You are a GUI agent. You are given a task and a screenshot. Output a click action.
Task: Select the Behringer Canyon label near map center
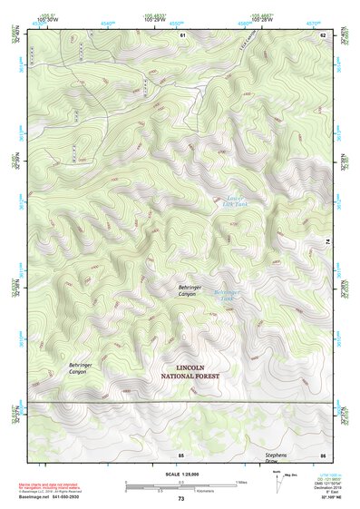tap(187, 290)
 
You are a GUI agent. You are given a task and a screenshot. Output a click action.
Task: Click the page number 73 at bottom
tap(180, 499)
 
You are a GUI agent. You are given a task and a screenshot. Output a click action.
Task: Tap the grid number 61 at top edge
tap(182, 34)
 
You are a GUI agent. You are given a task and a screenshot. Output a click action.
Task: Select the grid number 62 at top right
tap(322, 34)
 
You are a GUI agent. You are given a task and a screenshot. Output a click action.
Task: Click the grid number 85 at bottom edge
tap(180, 454)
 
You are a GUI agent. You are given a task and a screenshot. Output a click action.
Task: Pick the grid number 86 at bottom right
tap(322, 454)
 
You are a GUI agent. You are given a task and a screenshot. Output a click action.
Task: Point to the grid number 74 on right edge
tap(327, 240)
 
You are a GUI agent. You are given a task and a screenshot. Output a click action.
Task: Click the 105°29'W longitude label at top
tap(159, 21)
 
